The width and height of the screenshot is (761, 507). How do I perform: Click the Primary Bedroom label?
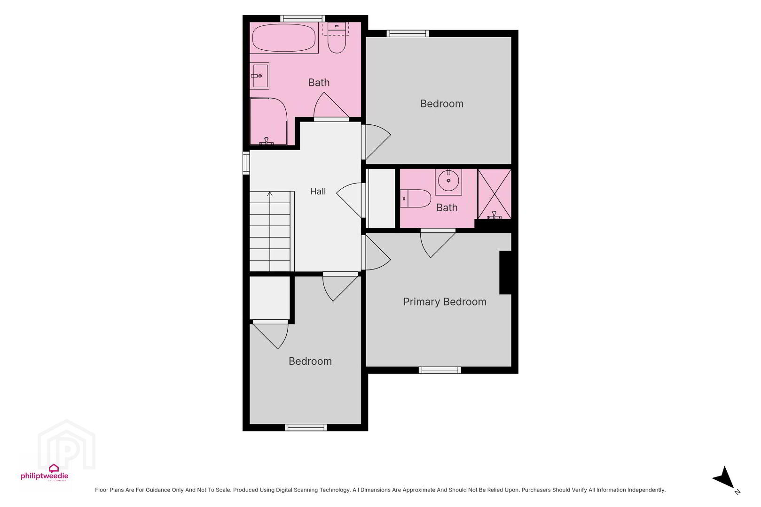click(445, 302)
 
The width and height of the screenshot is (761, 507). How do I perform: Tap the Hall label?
click(318, 192)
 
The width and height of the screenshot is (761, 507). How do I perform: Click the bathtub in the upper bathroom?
click(284, 38)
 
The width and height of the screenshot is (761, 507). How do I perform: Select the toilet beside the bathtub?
click(337, 38)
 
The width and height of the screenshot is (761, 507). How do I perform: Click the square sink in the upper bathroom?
click(260, 76)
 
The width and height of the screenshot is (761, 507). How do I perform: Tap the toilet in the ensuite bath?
click(416, 199)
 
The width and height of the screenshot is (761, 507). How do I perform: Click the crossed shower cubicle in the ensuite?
click(494, 194)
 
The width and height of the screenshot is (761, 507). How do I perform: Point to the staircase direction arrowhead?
click(270, 194)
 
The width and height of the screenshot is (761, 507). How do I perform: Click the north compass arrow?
click(725, 478)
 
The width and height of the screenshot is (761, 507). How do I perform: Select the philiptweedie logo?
click(45, 473)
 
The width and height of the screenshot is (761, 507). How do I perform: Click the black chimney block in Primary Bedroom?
click(505, 272)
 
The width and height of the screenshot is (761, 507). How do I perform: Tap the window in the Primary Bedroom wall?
click(439, 370)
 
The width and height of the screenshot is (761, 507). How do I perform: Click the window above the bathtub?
click(302, 18)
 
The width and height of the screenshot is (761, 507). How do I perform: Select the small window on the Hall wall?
click(246, 163)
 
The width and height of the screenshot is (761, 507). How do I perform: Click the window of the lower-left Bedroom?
click(306, 428)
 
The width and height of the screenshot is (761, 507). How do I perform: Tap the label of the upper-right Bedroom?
click(442, 103)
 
